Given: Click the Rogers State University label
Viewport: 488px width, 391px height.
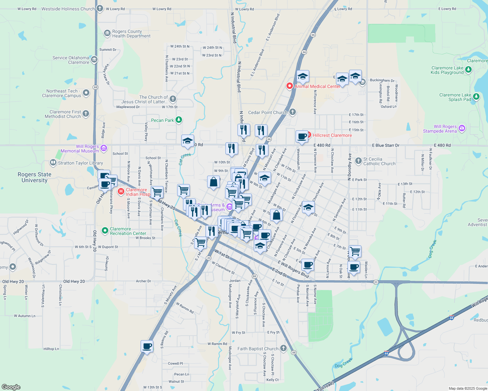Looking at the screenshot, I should (x=35, y=177).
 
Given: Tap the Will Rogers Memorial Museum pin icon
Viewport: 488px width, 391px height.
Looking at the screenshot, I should (x=104, y=149).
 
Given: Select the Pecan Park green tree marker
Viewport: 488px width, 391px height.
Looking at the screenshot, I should (x=179, y=120).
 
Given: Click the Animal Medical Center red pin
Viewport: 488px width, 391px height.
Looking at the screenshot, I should (x=289, y=86).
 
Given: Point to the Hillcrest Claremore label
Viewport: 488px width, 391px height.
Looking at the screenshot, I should (x=332, y=135).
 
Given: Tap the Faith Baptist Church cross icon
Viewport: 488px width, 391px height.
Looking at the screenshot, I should (x=283, y=348).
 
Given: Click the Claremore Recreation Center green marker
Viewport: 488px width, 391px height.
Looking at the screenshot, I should (x=105, y=231).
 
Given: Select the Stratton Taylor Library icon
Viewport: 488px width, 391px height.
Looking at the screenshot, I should (x=53, y=163).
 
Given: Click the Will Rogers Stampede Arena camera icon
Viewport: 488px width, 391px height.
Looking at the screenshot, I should (x=462, y=128).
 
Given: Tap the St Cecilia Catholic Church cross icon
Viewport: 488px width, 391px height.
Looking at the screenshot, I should (x=358, y=161).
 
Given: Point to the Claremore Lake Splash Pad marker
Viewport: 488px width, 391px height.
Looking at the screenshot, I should (x=476, y=96).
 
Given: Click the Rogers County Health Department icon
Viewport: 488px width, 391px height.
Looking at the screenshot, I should (x=107, y=33).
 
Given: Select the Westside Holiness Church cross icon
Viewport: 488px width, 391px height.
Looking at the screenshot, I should (x=100, y=8).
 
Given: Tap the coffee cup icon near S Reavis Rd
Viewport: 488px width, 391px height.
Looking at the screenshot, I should (x=147, y=346).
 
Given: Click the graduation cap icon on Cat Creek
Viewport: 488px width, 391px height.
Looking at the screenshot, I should (x=188, y=141).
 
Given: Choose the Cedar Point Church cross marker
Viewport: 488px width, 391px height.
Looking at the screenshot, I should (x=293, y=112).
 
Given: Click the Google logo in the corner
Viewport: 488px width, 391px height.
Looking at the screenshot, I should (x=11, y=387).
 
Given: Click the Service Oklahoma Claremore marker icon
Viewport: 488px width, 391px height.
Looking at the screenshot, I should (x=94, y=60).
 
